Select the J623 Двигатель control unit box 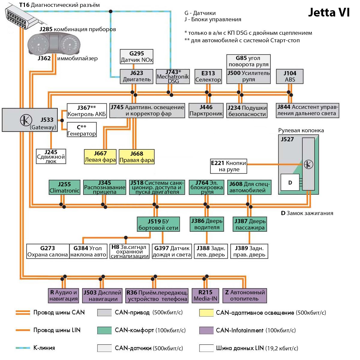136,76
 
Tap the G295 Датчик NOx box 136,57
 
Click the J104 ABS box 290,76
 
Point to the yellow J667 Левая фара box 100,157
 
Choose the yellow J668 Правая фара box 137,157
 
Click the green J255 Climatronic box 64,187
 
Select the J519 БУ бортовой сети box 158,224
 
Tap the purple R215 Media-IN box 205,295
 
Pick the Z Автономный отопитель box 245,295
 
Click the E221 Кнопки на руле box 229,166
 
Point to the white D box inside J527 290,182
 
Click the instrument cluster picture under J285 54,43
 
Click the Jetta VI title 329,12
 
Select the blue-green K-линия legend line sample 23,348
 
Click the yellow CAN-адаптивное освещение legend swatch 206,313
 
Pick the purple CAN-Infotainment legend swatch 206,330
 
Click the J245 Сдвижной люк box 51,156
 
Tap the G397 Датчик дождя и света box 172,251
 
